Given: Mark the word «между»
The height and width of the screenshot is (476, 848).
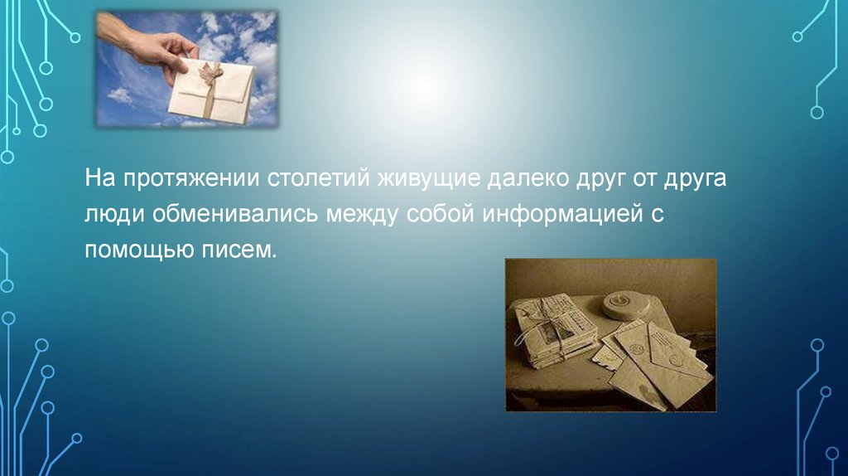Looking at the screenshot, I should click(x=359, y=215).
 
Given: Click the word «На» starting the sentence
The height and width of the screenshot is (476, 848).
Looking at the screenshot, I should click(x=99, y=180).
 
